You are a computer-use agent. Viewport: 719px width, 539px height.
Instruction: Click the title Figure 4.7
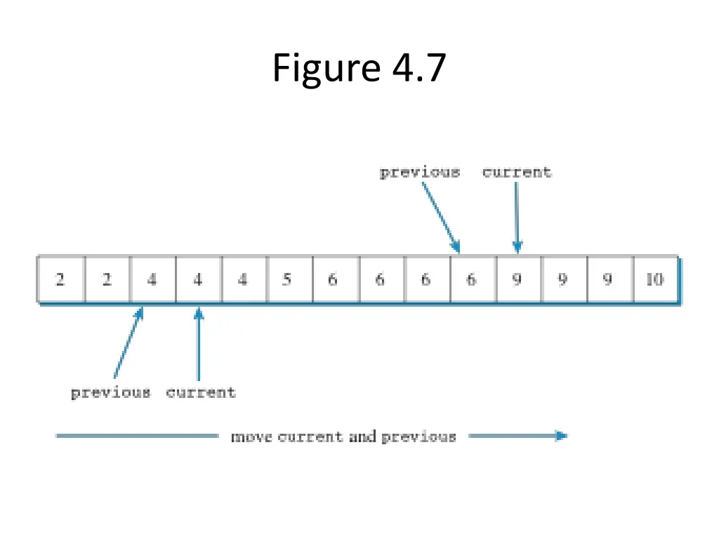pyautogui.click(x=359, y=68)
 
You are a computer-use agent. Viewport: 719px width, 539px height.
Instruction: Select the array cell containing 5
pyautogui.click(x=286, y=279)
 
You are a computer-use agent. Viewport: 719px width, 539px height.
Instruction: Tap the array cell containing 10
pyautogui.click(x=654, y=279)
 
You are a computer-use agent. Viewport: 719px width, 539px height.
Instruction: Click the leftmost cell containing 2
pyautogui.click(x=60, y=279)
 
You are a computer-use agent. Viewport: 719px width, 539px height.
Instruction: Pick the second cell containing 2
pyautogui.click(x=107, y=279)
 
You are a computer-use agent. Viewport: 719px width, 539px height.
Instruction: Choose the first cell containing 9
pyautogui.click(x=517, y=279)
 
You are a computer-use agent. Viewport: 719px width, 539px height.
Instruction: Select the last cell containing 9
pyautogui.click(x=608, y=279)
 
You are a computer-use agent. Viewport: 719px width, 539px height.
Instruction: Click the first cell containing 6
pyautogui.click(x=333, y=279)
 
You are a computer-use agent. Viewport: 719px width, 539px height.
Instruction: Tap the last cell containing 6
pyautogui.click(x=471, y=279)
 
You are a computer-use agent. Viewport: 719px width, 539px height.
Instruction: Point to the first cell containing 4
pyautogui.click(x=152, y=279)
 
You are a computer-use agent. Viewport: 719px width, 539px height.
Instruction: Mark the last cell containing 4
pyautogui.click(x=242, y=279)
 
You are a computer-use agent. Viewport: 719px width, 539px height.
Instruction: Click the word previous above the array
pyautogui.click(x=420, y=173)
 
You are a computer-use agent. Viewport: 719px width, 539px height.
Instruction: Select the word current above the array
pyautogui.click(x=517, y=173)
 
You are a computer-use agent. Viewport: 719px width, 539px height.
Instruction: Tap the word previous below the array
pyautogui.click(x=111, y=392)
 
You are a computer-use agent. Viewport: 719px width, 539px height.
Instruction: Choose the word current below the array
pyautogui.click(x=201, y=392)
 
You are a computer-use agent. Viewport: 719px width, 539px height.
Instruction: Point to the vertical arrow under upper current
pyautogui.click(x=517, y=218)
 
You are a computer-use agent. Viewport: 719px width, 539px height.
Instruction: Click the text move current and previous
pyautogui.click(x=343, y=437)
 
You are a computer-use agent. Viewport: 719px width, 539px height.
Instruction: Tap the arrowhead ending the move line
pyautogui.click(x=560, y=436)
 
